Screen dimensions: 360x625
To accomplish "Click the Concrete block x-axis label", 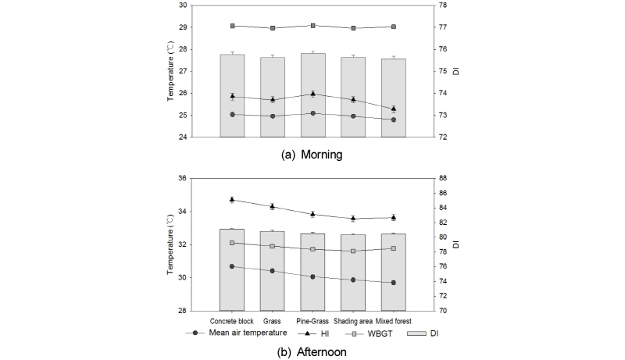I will coord(232,320).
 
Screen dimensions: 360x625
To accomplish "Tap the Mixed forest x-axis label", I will coord(394,320).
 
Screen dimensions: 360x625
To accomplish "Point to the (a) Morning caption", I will coord(312,155).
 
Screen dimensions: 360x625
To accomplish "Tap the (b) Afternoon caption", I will coord(312,351).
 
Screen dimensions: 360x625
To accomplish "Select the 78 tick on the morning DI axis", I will coord(441,5).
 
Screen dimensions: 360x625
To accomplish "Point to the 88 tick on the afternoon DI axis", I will coord(441,179).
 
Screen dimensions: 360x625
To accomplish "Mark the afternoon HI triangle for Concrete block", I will coord(232,199).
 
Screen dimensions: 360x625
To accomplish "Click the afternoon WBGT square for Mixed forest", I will coord(394,248).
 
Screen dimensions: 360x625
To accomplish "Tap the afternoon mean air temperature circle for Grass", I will coord(273,271).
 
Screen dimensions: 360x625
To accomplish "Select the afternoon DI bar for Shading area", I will coord(353,273).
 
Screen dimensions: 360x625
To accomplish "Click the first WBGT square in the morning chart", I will coord(232,26).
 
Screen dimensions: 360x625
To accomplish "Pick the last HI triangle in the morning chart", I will coord(394,109).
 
